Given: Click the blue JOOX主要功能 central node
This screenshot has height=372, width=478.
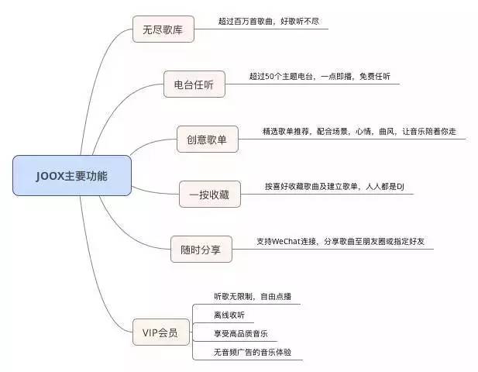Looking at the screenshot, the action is tap(72, 175).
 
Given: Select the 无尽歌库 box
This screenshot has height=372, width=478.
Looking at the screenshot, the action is tap(163, 29).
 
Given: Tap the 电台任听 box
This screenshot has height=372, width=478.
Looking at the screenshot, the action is tap(194, 84).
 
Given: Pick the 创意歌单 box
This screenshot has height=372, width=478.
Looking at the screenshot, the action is tap(208, 139).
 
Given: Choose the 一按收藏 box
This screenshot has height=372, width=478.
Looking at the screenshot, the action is tap(210, 195).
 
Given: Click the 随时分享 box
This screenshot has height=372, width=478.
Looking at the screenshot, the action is tap(201, 249).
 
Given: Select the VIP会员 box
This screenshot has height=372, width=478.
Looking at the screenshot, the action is tap(161, 332).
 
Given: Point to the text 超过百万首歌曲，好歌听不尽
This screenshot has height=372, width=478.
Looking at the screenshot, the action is tap(269, 22).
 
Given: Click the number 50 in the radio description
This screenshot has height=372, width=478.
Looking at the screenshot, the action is tap(270, 77).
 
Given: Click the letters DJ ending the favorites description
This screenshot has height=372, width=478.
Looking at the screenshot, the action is tap(401, 186).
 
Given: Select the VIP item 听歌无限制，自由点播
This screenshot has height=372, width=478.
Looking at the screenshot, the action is tap(253, 296).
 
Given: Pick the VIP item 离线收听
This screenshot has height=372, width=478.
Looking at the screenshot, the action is tap(229, 315).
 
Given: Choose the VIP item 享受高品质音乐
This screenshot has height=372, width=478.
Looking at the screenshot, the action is tap(241, 333).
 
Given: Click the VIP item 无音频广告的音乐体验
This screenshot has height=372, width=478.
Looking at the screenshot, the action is tap(253, 352).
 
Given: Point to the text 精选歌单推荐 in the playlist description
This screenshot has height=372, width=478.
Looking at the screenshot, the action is tap(286, 132).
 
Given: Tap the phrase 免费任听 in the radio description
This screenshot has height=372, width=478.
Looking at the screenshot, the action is tap(375, 76).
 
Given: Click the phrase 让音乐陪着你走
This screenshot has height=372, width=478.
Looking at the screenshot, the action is tap(429, 132).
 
